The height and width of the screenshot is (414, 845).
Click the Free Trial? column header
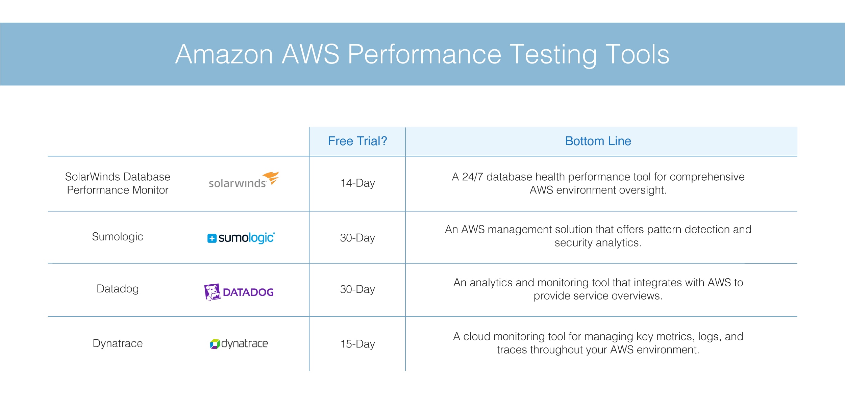coord(357,141)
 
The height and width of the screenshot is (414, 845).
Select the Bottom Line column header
coord(598,141)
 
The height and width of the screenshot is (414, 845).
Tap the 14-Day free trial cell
coord(357,183)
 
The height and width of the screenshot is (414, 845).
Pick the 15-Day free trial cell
coord(357,344)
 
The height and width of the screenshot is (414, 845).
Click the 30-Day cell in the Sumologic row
coord(357,238)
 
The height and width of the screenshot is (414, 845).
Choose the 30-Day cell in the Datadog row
coord(357,289)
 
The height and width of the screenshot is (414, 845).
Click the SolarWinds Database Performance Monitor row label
coord(118,183)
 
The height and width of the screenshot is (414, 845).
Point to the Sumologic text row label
coord(118,237)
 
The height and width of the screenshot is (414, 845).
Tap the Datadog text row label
coord(118,289)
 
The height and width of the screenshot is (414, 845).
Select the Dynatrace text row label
coord(118,343)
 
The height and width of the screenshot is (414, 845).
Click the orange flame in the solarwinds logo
coord(271,178)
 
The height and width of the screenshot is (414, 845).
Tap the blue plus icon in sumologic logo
coord(212,238)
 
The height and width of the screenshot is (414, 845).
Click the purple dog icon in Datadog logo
coord(212,292)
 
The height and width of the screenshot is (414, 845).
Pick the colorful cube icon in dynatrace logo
coord(215,344)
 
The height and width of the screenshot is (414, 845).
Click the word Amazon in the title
coord(224,54)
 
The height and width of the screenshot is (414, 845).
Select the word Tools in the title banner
coord(637,54)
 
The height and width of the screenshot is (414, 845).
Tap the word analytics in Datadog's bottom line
coord(491,283)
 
